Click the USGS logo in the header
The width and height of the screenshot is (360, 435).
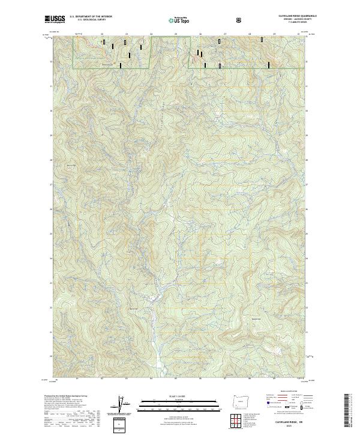(x=55, y=20)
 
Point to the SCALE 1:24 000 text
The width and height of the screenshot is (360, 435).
(x=179, y=395)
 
